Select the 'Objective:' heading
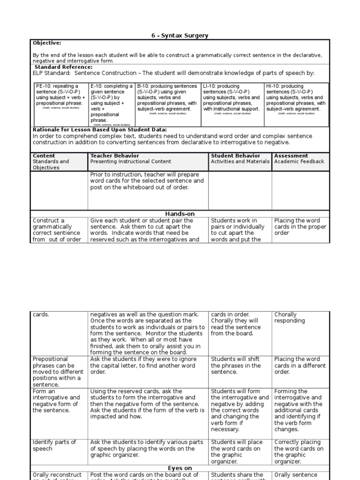[47, 43]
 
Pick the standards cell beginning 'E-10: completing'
[111, 103]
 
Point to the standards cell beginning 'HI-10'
[296, 97]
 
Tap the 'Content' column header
[44, 156]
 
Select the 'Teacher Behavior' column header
[114, 156]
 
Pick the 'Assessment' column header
[291, 156]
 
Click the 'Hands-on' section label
[180, 214]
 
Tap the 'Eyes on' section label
[180, 468]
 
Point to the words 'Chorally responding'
[289, 317]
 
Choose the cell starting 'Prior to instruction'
[147, 180]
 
